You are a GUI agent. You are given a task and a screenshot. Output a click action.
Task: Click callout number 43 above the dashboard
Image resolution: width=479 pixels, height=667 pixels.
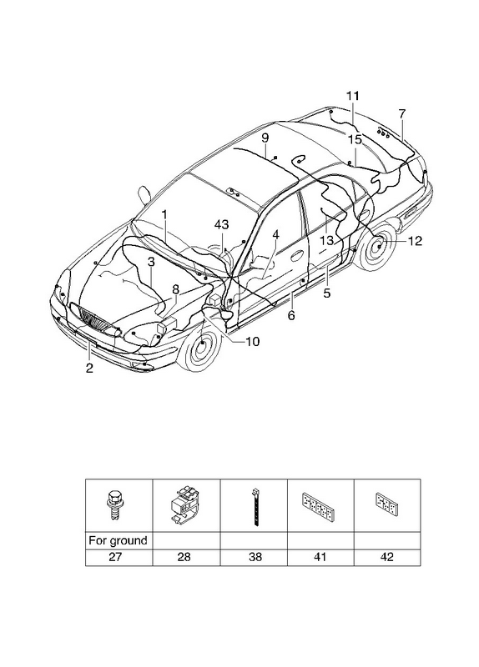221,224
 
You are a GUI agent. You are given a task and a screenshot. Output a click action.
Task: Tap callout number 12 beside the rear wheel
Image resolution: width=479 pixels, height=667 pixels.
415,241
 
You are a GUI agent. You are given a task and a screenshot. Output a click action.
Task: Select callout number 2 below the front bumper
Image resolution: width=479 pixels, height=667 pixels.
89,368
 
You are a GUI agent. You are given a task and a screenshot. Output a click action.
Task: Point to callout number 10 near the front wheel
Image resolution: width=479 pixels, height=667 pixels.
253,342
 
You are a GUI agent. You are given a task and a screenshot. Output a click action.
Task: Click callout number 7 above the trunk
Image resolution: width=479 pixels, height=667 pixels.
402,113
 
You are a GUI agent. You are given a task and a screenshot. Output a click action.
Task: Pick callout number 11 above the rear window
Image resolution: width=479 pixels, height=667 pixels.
352,96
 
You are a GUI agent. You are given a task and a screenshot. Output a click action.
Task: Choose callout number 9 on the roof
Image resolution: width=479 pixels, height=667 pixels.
265,138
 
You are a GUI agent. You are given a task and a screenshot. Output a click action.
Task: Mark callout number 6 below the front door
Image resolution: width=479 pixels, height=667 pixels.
291,315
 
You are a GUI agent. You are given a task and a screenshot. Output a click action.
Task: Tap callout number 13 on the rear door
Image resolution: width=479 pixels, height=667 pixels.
326,241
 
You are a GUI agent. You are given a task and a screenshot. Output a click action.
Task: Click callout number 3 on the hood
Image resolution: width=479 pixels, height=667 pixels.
151,262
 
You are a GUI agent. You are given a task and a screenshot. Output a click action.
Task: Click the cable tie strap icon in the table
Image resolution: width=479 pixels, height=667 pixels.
255,507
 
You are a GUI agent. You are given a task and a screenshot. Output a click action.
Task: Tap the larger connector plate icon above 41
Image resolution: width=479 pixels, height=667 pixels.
320,504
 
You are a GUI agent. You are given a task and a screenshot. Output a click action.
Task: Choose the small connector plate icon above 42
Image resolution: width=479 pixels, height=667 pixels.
387,504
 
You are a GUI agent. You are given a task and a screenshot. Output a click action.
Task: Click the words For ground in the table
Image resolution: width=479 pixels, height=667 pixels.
118,540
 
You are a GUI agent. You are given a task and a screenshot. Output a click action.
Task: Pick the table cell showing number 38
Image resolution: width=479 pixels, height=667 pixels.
255,557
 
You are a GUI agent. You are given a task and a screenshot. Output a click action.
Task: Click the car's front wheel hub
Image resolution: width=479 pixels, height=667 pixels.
202,343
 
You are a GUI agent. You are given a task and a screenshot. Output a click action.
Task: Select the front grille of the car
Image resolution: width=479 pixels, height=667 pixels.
94,318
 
